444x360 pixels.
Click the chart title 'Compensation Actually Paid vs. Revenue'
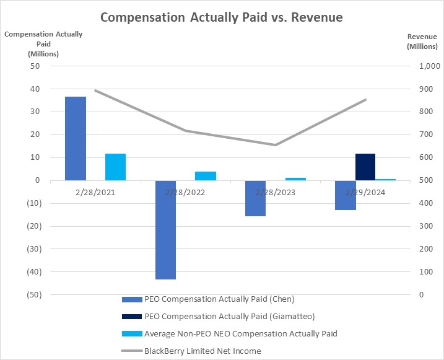[x=221, y=17]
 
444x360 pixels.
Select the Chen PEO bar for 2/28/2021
[x=76, y=138]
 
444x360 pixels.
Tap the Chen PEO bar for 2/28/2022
[x=165, y=230]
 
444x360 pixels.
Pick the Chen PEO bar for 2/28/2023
[x=255, y=198]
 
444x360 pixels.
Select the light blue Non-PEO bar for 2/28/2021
[x=116, y=167]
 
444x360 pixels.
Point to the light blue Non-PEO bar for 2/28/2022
[x=206, y=176]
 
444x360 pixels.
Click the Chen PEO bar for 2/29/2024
[x=346, y=195]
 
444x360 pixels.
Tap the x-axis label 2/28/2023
[x=274, y=192]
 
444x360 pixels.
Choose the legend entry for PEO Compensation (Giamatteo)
[x=229, y=317]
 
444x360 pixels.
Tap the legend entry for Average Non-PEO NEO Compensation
[x=240, y=334]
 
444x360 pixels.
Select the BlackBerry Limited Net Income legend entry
[x=202, y=351]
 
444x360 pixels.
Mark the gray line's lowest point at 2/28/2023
[x=275, y=145]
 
